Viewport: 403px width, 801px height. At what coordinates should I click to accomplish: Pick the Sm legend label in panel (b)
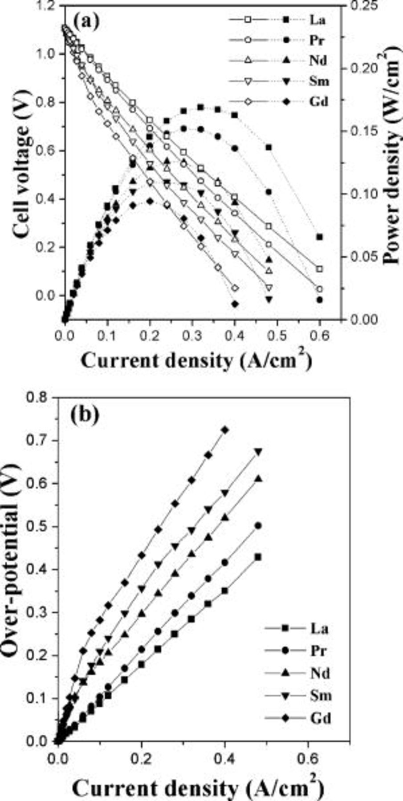click(321, 696)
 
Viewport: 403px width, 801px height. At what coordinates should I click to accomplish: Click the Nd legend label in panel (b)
click(320, 673)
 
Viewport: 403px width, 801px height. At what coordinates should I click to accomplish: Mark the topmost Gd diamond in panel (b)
click(225, 430)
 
